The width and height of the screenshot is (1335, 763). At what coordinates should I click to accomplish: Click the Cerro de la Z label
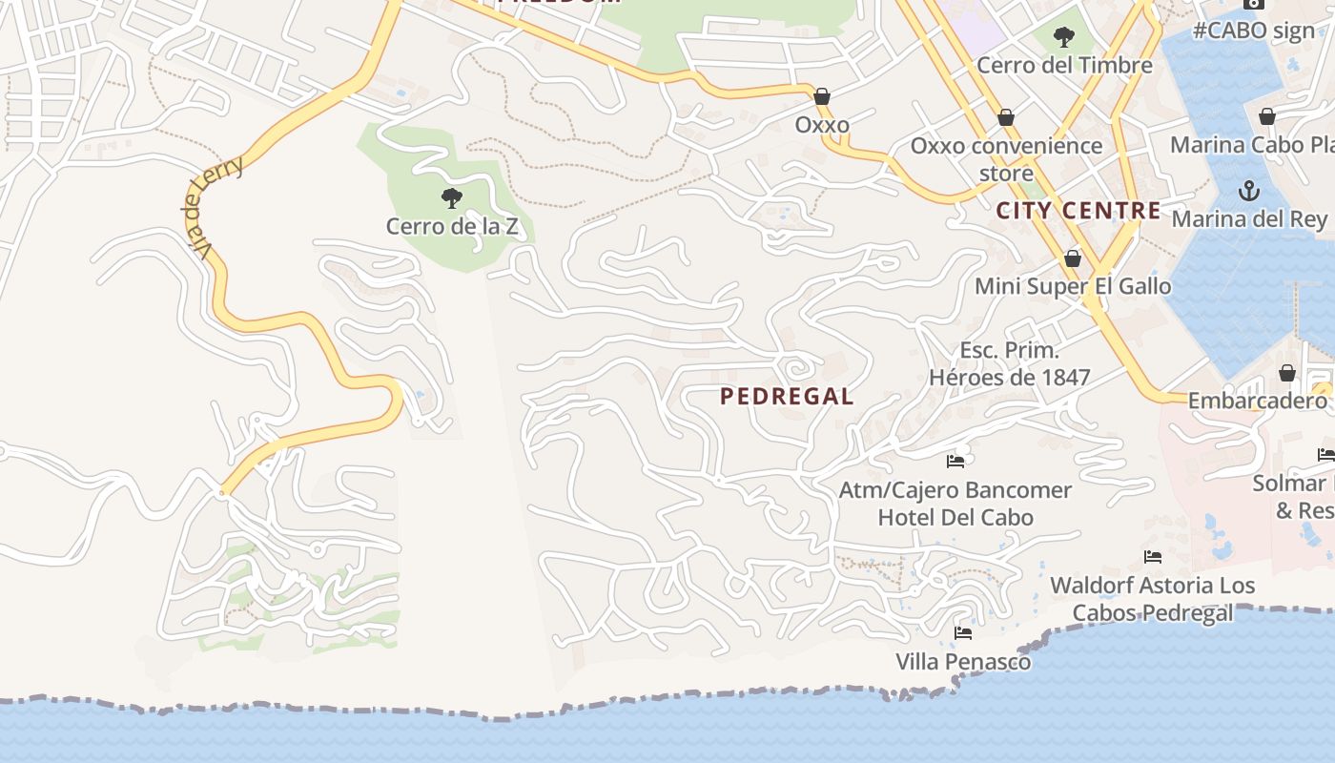(458, 226)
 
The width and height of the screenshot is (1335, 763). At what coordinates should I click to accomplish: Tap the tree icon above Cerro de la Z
(452, 198)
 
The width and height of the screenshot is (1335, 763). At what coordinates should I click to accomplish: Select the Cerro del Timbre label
(1064, 65)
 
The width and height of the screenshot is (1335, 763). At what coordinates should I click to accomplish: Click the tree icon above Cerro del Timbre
(1064, 38)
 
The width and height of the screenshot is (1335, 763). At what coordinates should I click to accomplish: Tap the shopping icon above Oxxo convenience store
(1005, 118)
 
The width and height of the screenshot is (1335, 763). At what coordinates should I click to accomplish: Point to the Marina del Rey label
(1249, 219)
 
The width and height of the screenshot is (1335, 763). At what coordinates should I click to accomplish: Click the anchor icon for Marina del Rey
(1248, 192)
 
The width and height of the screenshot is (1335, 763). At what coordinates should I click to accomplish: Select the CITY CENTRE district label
(1078, 211)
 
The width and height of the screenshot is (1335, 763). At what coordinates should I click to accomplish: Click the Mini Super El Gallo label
(1073, 286)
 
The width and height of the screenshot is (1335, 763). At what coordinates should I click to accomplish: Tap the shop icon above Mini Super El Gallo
(1073, 258)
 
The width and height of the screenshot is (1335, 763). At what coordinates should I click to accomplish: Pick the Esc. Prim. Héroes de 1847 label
(1009, 363)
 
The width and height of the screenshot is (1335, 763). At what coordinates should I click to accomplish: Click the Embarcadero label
(1257, 401)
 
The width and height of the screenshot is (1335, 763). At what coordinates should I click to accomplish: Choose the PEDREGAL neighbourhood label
(787, 397)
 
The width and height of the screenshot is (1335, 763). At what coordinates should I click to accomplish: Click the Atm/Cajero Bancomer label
(955, 490)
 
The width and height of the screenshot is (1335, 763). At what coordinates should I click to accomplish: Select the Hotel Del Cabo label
(955, 517)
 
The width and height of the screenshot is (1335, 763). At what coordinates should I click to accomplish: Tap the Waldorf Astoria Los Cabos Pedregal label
(1153, 598)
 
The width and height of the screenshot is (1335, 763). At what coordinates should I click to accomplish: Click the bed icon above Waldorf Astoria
(1153, 557)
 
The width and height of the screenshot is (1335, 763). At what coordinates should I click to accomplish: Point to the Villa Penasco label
(963, 661)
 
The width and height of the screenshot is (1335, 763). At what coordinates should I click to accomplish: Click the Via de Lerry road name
(214, 208)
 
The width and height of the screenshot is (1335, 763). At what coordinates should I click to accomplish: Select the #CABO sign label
(1253, 31)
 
